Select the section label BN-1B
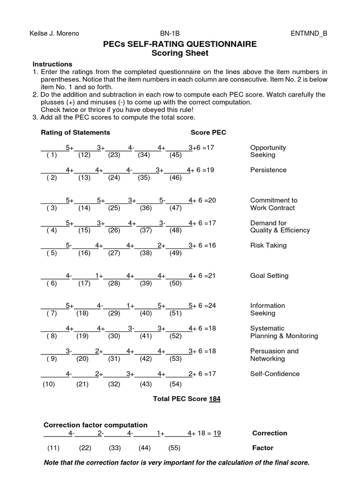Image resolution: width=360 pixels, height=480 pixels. [170, 33]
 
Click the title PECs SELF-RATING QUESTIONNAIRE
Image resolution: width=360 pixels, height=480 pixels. [180, 44]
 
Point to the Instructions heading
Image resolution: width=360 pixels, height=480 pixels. [52, 64]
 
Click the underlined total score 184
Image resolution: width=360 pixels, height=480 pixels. [215, 399]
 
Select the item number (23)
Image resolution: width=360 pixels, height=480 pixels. [114, 155]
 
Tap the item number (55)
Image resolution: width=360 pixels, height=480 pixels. [174, 448]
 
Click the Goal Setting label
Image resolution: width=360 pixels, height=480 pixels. [269, 276]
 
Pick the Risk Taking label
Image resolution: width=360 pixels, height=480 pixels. [268, 245]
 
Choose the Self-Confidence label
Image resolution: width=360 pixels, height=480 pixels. [275, 374]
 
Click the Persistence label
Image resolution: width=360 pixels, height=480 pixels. [268, 170]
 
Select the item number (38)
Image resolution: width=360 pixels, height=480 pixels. [144, 253]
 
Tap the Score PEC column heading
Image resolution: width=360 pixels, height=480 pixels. [208, 133]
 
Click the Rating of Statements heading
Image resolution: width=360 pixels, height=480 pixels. [75, 133]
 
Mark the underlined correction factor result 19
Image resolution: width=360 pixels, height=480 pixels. [217, 433]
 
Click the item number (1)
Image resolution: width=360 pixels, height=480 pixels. [52, 155]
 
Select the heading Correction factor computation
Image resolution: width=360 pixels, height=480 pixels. [95, 425]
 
